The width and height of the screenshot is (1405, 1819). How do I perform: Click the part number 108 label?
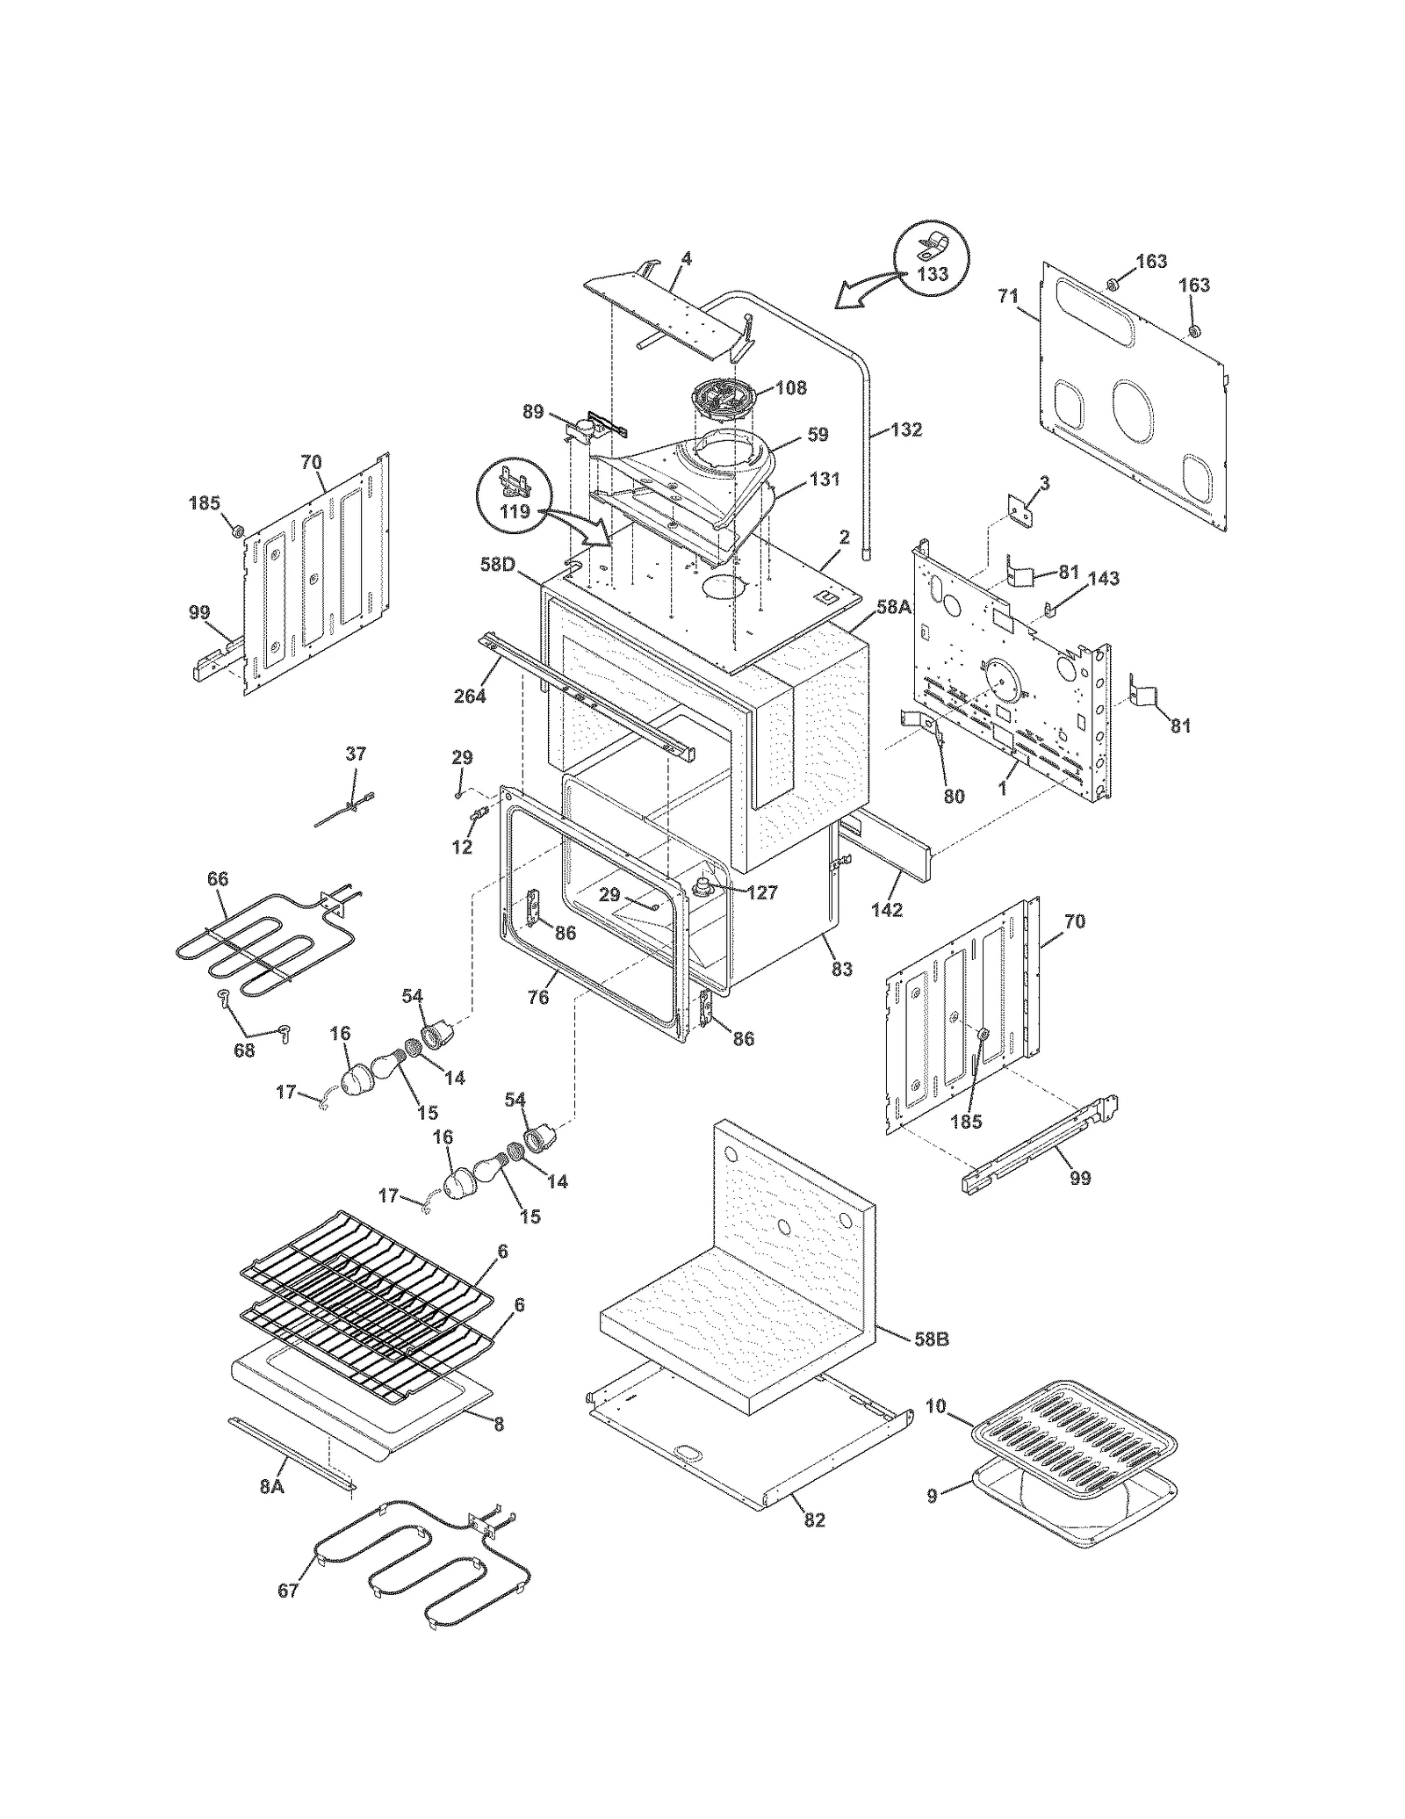point(791,387)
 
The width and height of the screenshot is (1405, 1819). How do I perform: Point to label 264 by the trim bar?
point(471,697)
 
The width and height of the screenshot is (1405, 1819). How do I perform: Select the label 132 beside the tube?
point(906,429)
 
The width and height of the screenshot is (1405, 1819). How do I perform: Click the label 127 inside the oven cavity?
point(762,892)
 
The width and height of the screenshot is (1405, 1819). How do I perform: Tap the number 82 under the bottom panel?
point(814,1519)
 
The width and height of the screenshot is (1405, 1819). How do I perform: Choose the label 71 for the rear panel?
point(1008,297)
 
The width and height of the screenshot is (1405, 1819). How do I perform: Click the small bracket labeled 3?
point(1020,510)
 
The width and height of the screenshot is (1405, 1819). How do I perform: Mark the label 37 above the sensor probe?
point(355,754)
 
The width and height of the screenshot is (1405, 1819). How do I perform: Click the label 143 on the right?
point(1104,578)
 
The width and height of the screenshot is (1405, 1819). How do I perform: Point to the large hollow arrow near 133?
point(865,292)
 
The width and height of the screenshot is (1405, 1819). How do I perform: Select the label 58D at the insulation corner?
point(497,565)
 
